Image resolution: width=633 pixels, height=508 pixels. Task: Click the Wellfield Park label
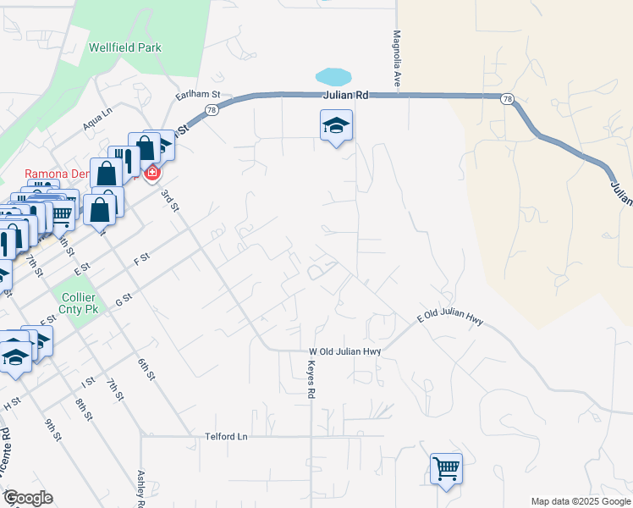point(124,48)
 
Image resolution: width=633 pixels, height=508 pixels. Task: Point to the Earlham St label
point(197,96)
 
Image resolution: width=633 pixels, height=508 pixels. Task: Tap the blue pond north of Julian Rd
point(333,76)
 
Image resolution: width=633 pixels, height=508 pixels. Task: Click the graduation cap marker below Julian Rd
point(336,127)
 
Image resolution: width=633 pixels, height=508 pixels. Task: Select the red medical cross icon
point(152,174)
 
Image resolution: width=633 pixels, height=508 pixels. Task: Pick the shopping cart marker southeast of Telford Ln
point(446,468)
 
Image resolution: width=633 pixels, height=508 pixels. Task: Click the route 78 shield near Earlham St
point(212,109)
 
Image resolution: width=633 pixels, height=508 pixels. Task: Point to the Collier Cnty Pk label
point(80,304)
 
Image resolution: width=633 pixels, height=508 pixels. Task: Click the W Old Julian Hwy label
point(345,351)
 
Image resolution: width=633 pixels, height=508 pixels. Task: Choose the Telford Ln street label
point(226,437)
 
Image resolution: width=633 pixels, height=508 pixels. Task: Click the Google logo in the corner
point(28,498)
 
